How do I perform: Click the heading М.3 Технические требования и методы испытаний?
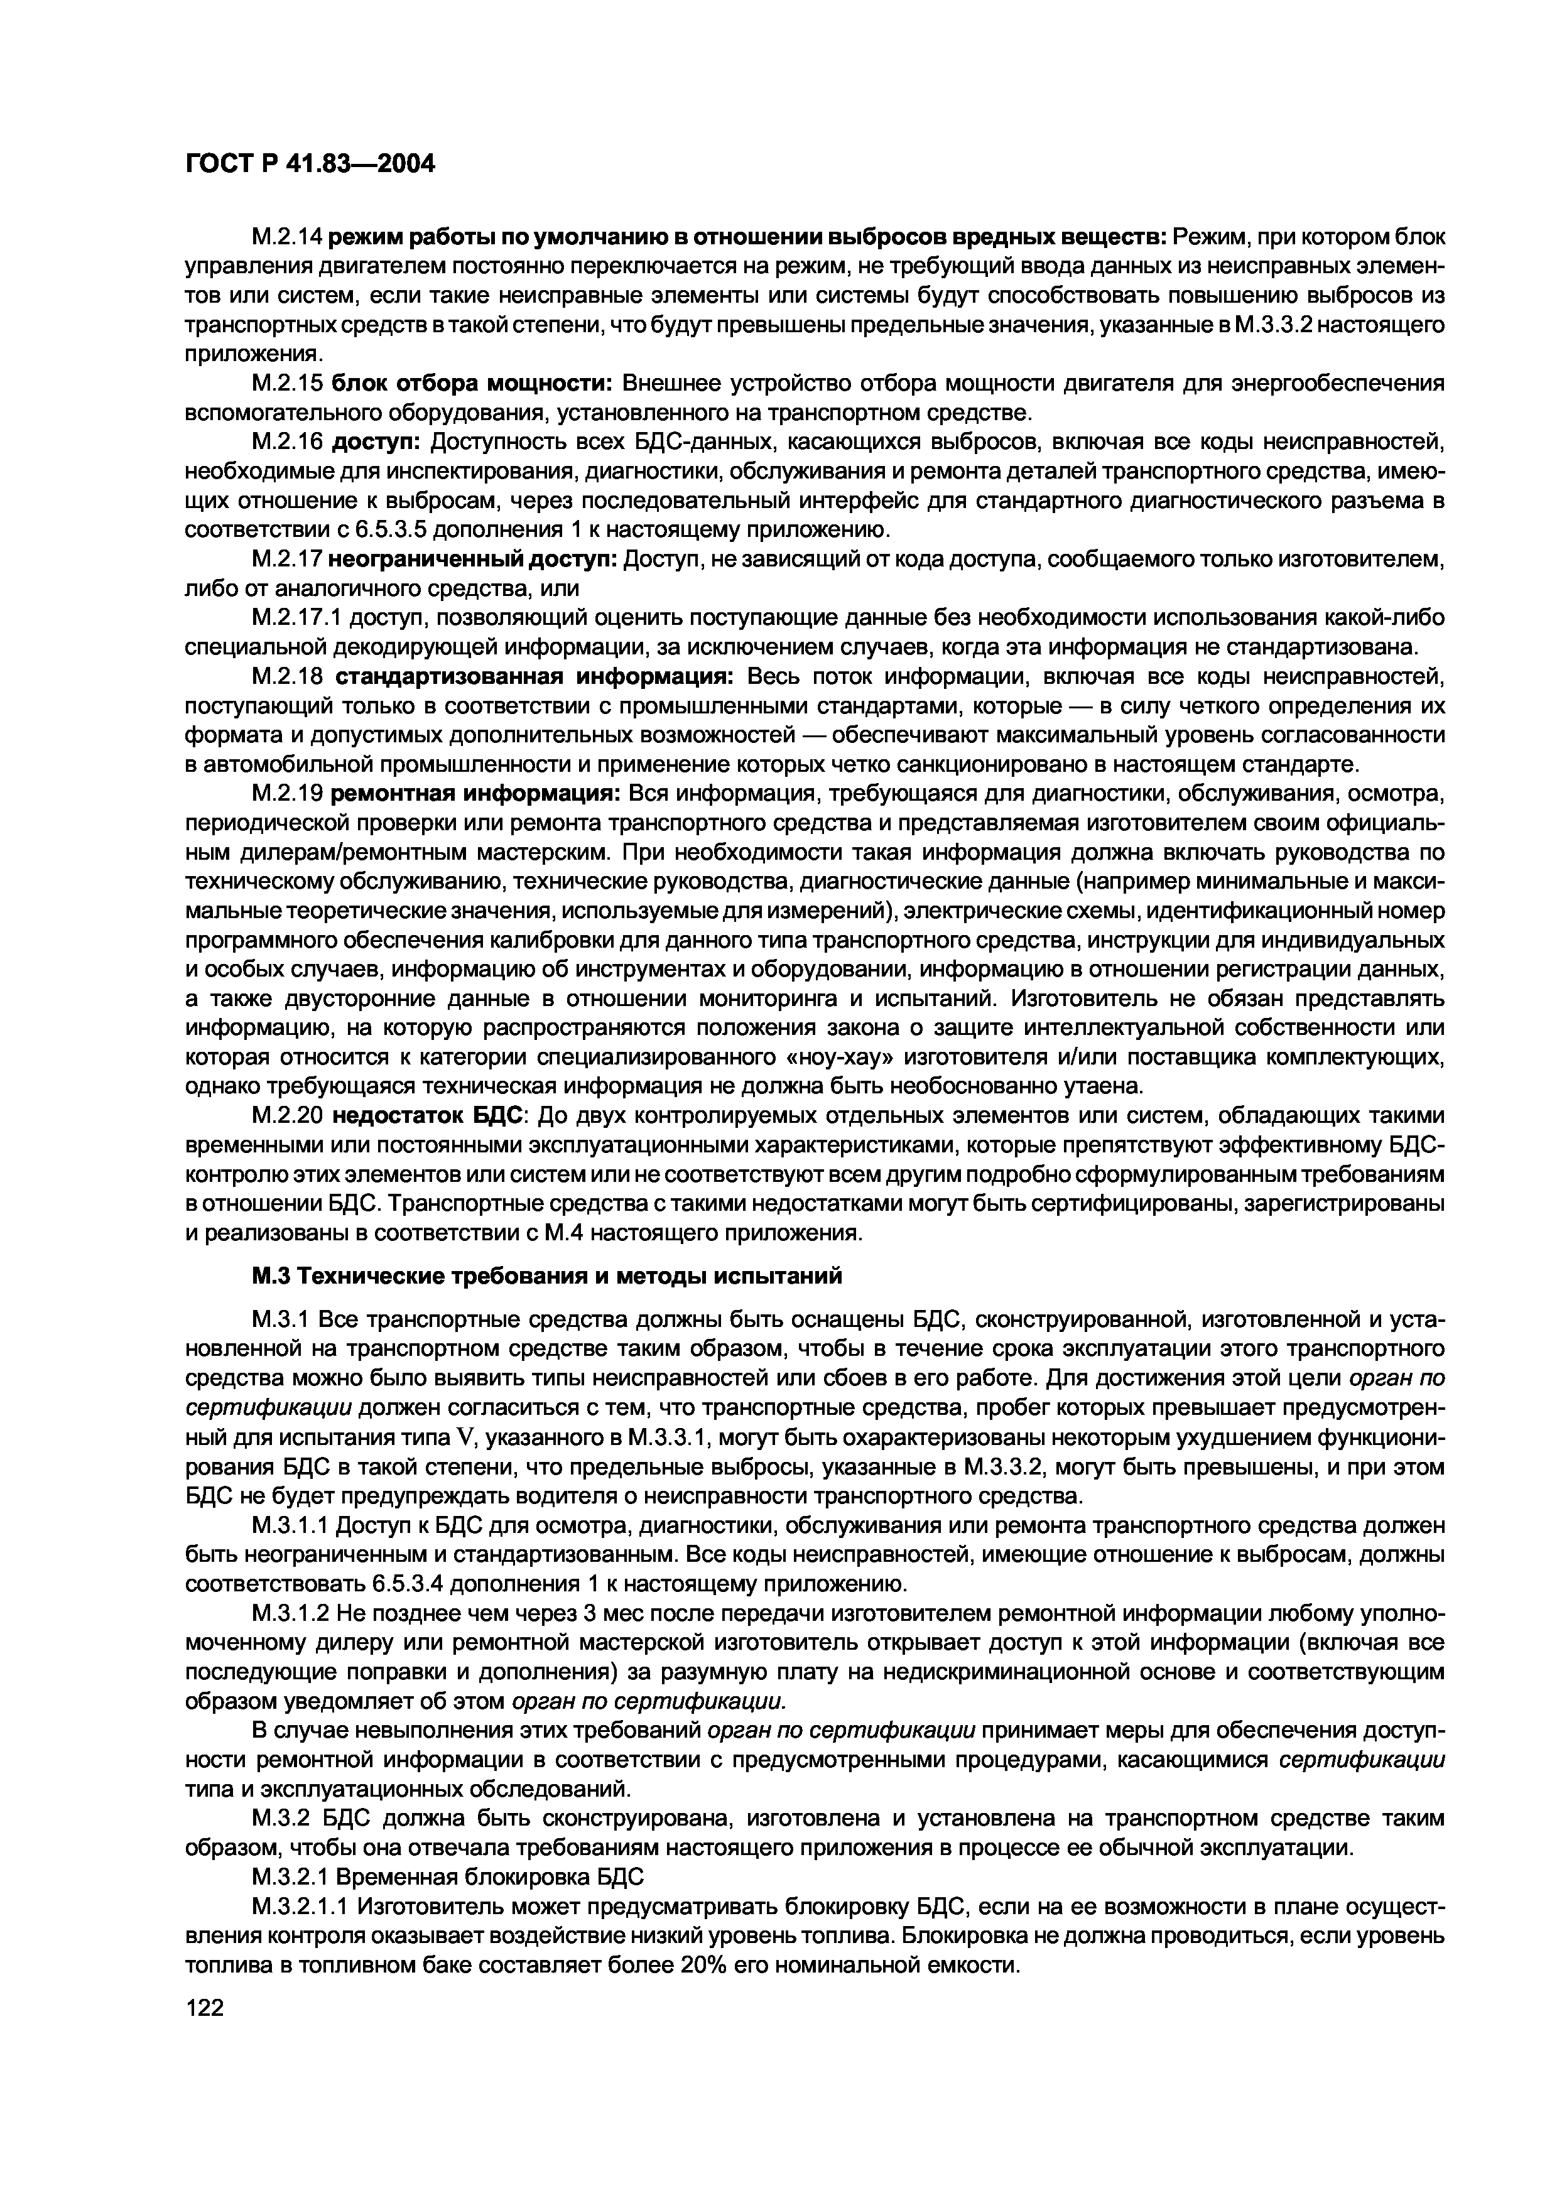pyautogui.click(x=547, y=1275)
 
